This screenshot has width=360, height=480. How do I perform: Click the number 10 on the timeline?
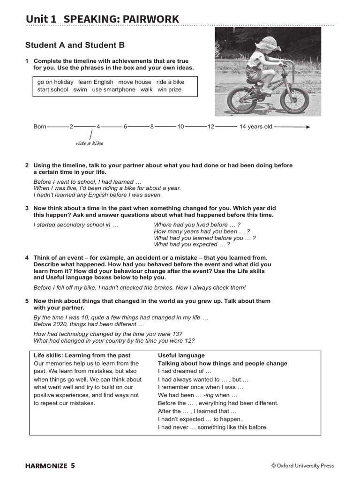tap(180, 127)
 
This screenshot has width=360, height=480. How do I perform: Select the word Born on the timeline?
tap(40, 127)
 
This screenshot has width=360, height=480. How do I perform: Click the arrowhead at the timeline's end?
tap(307, 127)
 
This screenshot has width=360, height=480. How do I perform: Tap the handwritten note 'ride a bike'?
tap(89, 143)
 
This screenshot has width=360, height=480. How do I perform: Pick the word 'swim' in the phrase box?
tap(80, 90)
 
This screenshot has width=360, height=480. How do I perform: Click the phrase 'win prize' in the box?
tap(169, 90)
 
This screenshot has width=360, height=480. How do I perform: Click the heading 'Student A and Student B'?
tap(75, 45)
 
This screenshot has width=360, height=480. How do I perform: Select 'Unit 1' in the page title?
tap(41, 19)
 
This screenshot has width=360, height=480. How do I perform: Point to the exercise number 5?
tap(27, 301)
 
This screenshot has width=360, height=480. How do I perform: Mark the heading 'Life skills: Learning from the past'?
tap(82, 355)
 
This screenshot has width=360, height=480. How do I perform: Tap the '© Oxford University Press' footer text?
tap(302, 465)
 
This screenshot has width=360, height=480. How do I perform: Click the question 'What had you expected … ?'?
tap(192, 244)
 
